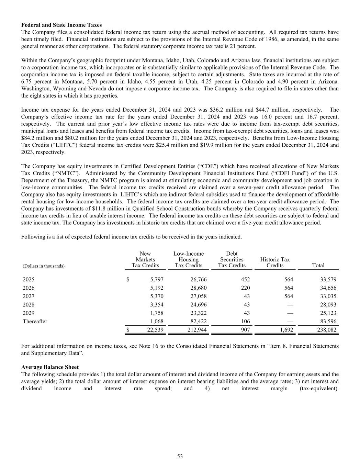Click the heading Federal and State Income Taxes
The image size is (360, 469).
pyautogui.click(x=61, y=25)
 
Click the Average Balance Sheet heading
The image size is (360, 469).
pyautogui.click(x=50, y=367)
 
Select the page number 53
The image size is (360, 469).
pyautogui.click(x=180, y=456)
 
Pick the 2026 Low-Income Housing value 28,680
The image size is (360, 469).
pyautogui.click(x=199, y=288)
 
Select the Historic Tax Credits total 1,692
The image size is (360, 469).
pyautogui.click(x=285, y=330)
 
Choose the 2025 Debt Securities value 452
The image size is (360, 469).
pyautogui.click(x=245, y=280)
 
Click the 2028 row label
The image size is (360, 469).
pyautogui.click(x=29, y=305)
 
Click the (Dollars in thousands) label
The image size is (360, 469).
pyautogui.click(x=44, y=266)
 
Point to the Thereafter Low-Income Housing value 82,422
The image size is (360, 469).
pyautogui.click(x=199, y=322)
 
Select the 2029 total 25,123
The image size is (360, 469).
pyautogui.click(x=327, y=313)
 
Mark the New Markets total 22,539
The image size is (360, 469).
pyautogui.click(x=155, y=330)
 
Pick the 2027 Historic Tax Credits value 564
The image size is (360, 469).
pyautogui.click(x=289, y=297)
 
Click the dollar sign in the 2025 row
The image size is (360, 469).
pyautogui.click(x=128, y=280)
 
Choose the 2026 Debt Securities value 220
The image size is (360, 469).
pyautogui.click(x=245, y=288)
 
